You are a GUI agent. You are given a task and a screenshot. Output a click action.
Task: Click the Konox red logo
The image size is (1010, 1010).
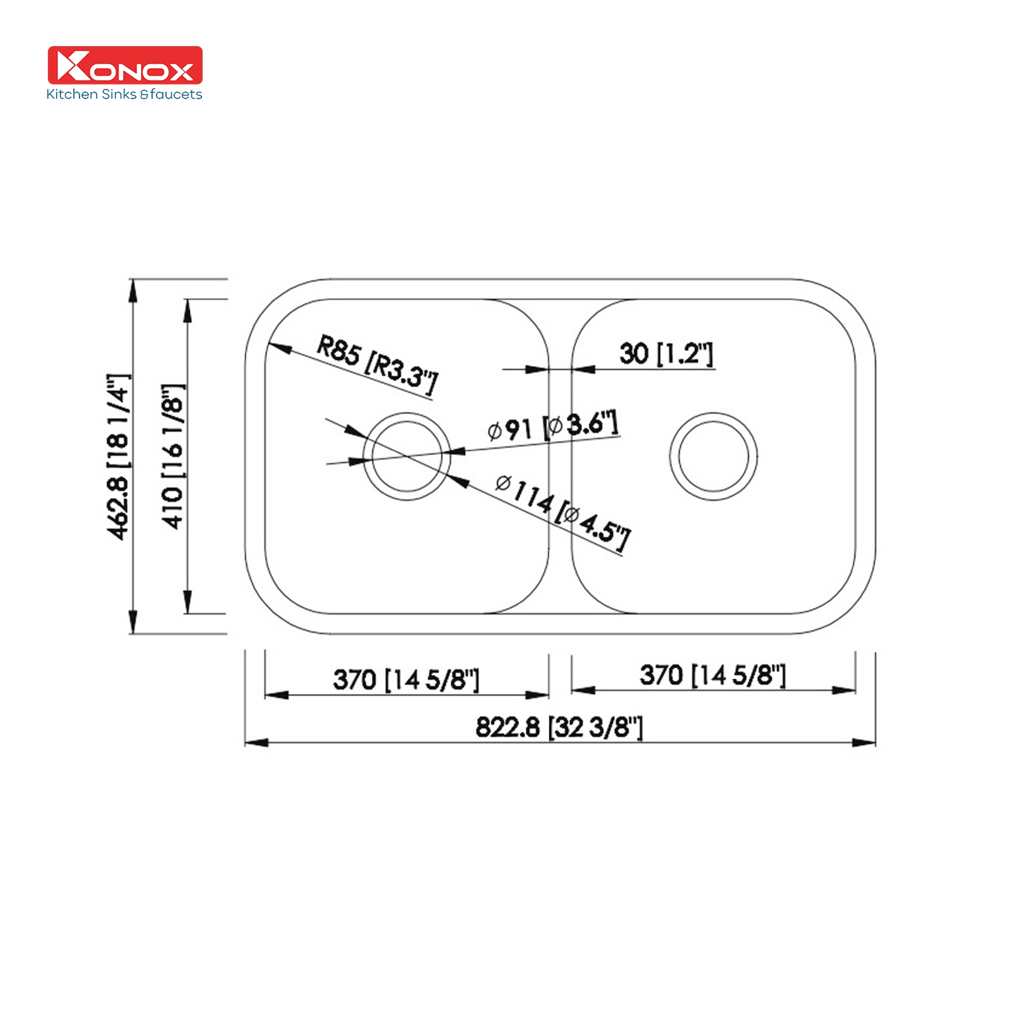(x=125, y=65)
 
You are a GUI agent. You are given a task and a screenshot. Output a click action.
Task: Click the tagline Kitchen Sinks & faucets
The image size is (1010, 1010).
(x=124, y=95)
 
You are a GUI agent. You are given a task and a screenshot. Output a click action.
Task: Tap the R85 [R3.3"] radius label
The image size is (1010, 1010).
(x=376, y=365)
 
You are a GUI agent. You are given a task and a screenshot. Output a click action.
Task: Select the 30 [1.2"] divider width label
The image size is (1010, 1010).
(x=666, y=353)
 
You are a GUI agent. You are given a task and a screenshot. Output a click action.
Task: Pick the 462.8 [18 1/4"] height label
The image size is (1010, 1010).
(x=118, y=456)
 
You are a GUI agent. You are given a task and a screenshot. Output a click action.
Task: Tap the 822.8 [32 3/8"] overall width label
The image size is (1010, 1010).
(x=559, y=727)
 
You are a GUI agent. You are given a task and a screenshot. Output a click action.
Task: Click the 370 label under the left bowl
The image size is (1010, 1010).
(x=406, y=680)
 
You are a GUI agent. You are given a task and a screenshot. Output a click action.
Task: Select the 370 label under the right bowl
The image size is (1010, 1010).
(x=713, y=675)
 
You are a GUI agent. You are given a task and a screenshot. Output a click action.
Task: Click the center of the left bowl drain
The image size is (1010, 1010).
(x=407, y=456)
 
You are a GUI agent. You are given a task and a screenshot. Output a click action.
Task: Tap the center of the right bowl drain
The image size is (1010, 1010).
(x=713, y=456)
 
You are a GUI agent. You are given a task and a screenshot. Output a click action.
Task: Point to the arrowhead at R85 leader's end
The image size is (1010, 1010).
(x=278, y=347)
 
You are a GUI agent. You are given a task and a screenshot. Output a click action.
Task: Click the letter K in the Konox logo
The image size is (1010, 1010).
(x=71, y=65)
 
